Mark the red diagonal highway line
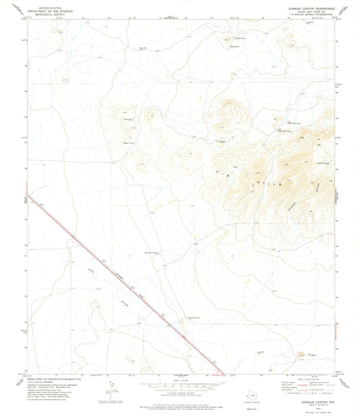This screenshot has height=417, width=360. pyautogui.click(x=135, y=291)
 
